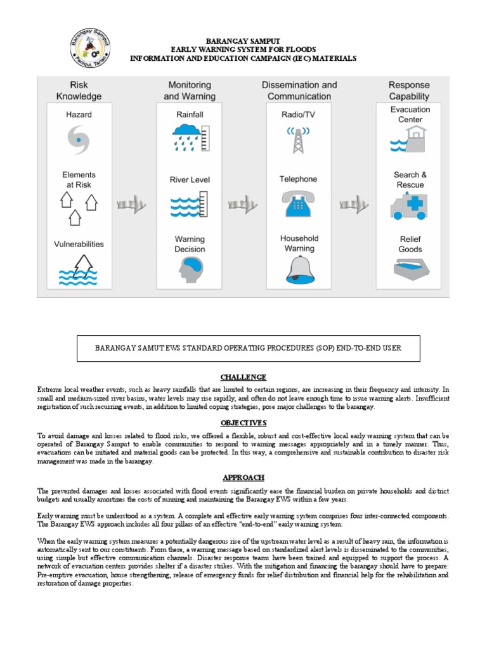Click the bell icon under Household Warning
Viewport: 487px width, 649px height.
pos(299,270)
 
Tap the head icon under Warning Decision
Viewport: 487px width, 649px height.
pos(190,270)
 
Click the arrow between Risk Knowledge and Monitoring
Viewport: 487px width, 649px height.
pos(131,204)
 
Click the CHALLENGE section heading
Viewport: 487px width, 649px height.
pos(243,377)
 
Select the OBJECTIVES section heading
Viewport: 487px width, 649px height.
pos(243,423)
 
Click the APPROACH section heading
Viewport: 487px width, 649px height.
pos(243,477)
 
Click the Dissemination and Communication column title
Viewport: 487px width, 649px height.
pos(299,91)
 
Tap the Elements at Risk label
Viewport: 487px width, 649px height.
pos(79,180)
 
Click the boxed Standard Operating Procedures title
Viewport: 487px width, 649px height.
pos(248,348)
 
